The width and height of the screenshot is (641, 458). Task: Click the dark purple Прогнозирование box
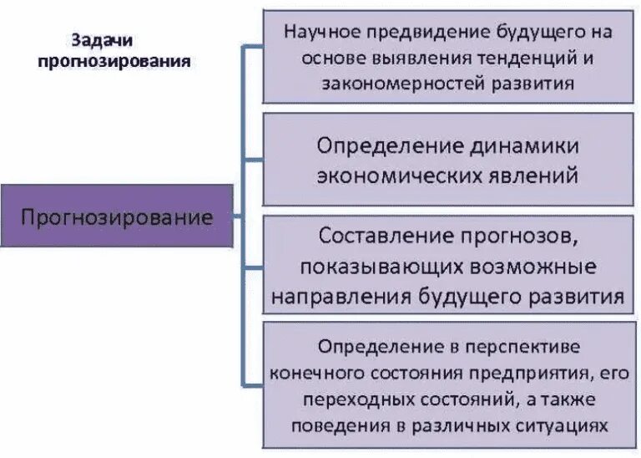click(x=116, y=216)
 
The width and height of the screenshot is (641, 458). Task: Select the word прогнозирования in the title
click(x=115, y=61)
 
